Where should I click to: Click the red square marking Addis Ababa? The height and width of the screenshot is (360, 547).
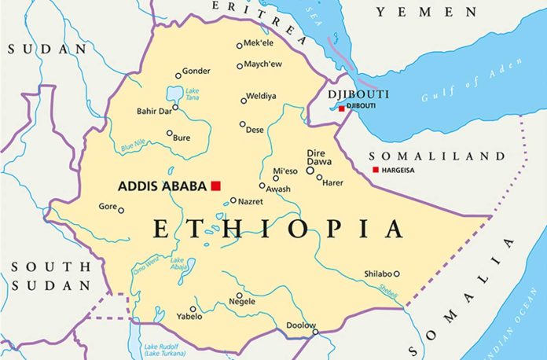click(x=215, y=186)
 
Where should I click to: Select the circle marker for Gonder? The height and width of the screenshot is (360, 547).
click(x=177, y=76)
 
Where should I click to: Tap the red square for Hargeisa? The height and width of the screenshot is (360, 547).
click(x=376, y=170)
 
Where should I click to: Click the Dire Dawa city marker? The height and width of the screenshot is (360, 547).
click(x=310, y=169)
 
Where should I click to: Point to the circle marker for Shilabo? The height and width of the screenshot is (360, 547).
click(x=396, y=274)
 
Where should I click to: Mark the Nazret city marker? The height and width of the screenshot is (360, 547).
click(x=233, y=200)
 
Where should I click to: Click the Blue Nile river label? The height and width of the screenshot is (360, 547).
click(x=134, y=146)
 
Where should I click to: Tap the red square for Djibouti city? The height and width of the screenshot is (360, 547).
click(x=342, y=108)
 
